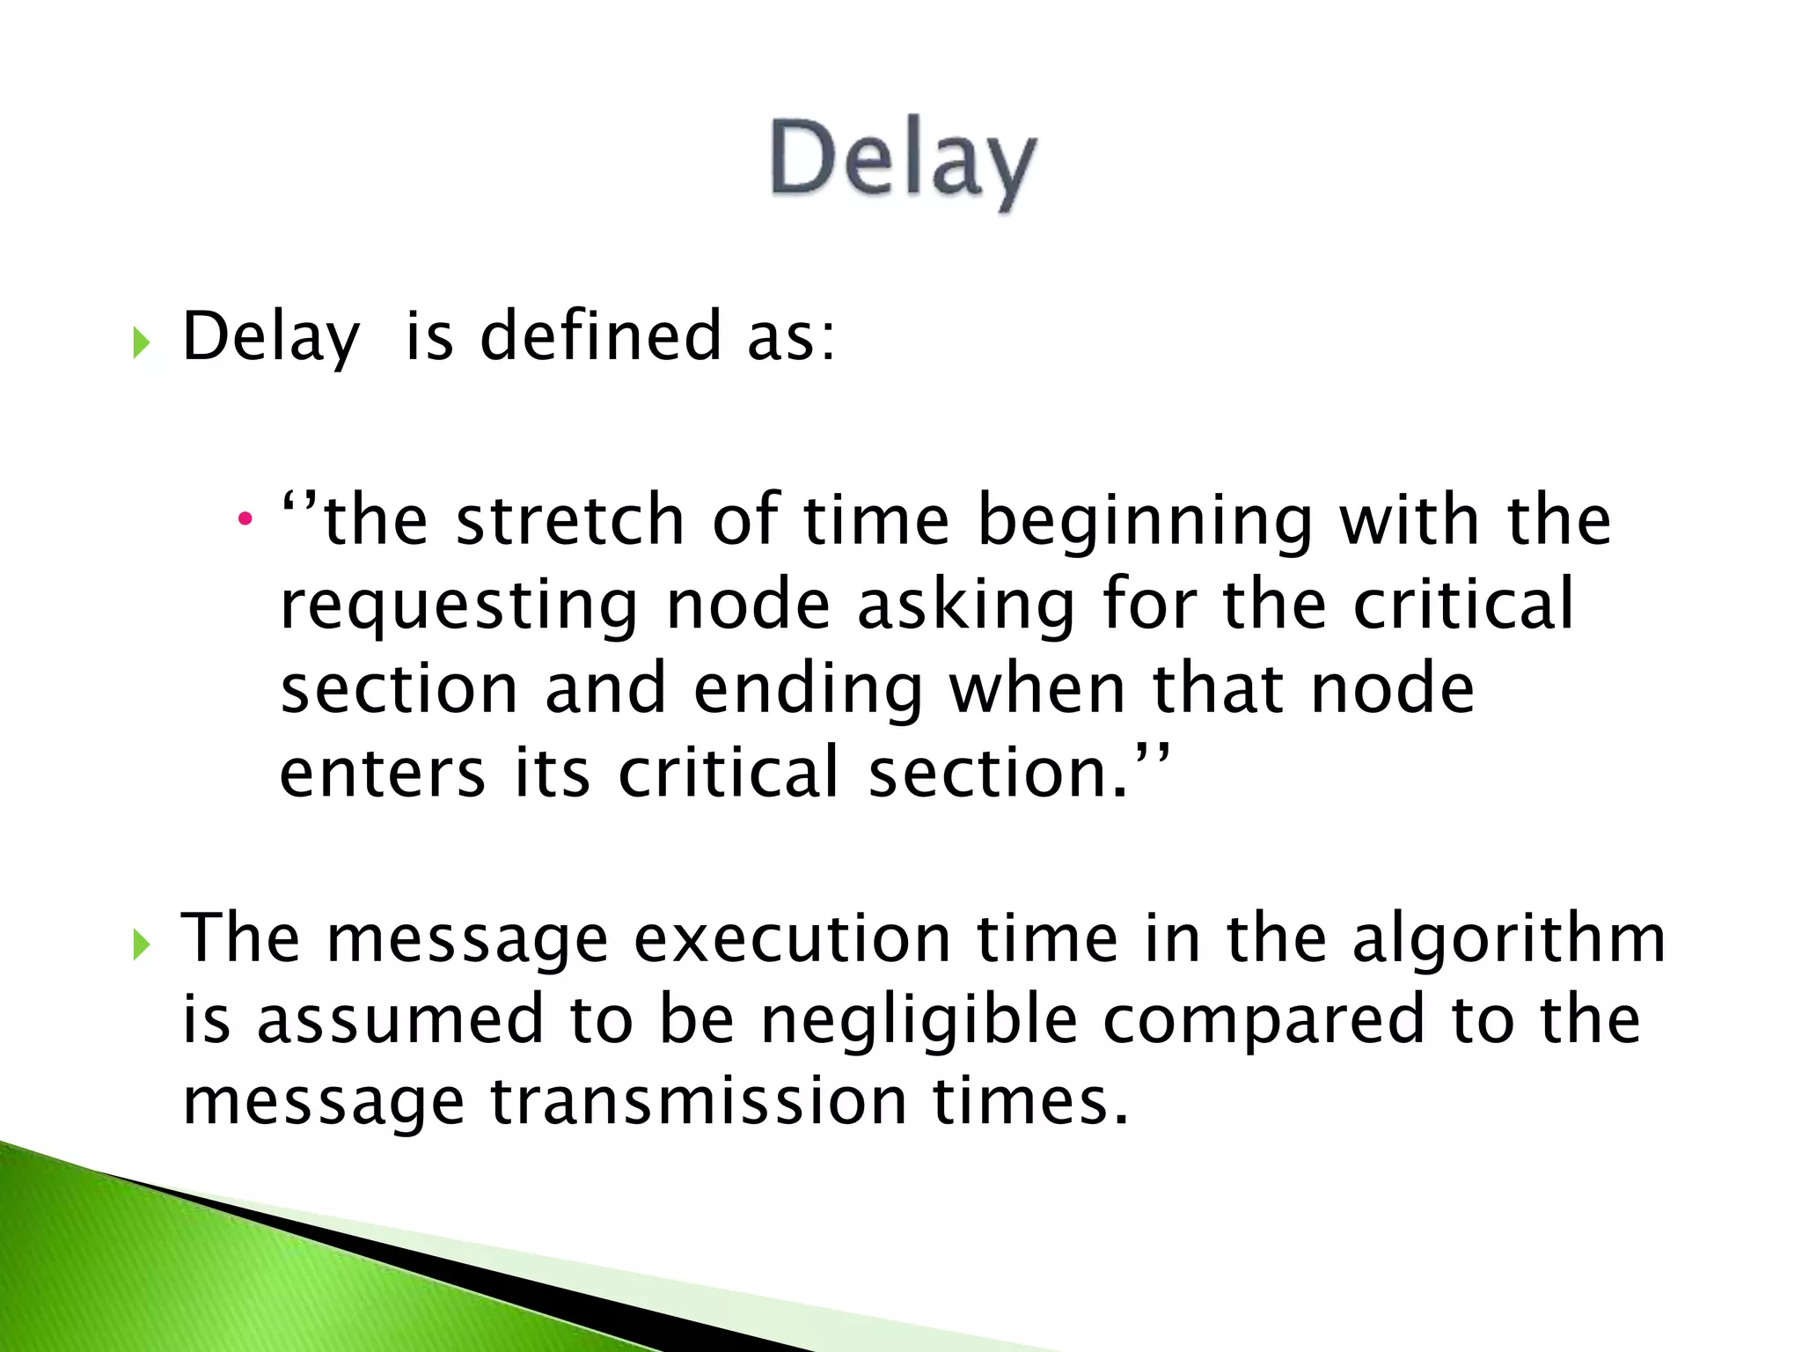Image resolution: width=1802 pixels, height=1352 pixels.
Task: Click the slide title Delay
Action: coord(903,161)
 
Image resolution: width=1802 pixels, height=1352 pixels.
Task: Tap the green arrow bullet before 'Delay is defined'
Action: coord(141,342)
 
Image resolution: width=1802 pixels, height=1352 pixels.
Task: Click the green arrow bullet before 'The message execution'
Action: coord(141,945)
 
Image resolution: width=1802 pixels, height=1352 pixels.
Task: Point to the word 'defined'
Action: coord(601,336)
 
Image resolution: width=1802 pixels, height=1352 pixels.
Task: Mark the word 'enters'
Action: coord(382,773)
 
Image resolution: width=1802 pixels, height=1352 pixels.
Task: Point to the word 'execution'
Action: coord(792,938)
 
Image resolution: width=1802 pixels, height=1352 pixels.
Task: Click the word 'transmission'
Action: coord(699,1102)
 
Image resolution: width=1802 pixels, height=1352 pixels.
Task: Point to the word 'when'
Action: coord(1037,690)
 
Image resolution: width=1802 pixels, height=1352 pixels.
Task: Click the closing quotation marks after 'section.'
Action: coord(1154,753)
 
